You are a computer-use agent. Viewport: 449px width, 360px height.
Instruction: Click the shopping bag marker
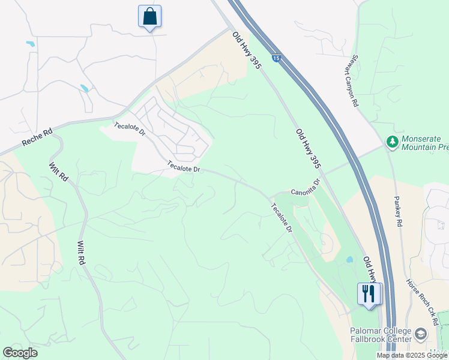149,16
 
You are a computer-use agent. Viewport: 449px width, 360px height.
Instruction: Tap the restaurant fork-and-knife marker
369,293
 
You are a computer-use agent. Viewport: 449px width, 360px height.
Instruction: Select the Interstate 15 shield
276,58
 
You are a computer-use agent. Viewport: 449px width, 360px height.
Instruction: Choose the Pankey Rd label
398,211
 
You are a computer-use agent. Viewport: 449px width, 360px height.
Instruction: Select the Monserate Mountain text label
425,142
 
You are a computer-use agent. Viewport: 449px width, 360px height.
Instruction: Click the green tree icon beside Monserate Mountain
392,142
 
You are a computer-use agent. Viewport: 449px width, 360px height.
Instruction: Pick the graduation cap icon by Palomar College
421,334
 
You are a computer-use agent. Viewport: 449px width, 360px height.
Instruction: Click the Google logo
20,353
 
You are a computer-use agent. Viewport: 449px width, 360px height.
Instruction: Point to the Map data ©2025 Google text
412,355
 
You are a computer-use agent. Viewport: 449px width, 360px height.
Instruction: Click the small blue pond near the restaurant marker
349,260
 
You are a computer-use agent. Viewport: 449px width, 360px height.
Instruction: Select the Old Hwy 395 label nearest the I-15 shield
246,50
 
